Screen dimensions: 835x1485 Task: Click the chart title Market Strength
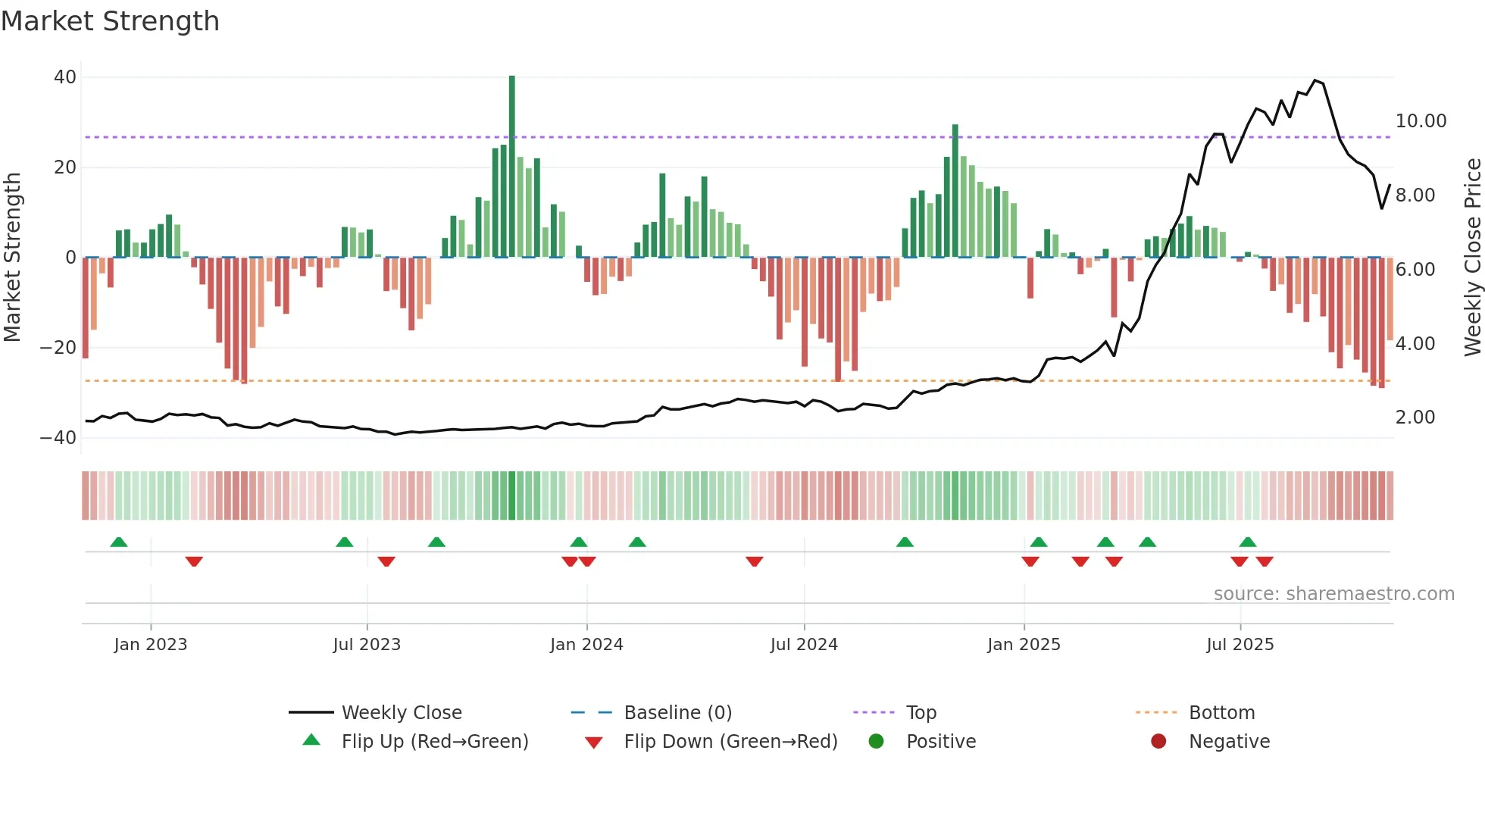(110, 21)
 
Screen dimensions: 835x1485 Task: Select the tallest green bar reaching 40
(512, 167)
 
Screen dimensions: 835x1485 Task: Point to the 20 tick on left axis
(65, 167)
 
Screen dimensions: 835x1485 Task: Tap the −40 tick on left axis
(58, 438)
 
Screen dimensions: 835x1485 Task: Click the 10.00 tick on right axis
(1421, 121)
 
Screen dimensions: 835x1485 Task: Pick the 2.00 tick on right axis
(1415, 417)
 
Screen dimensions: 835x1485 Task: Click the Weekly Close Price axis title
(1472, 258)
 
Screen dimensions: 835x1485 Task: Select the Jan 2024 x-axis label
(586, 645)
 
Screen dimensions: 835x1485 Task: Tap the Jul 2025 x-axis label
(1240, 645)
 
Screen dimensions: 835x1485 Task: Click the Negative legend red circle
(1158, 741)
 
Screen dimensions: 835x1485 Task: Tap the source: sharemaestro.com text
(1333, 594)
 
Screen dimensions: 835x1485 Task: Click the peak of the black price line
(1315, 80)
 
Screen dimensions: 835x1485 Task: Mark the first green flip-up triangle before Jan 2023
(119, 542)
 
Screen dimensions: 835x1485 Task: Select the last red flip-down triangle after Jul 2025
(1265, 561)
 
